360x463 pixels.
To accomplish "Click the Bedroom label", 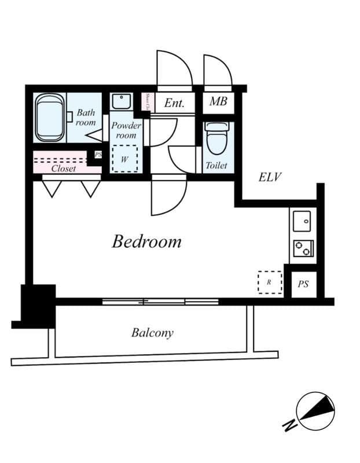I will [146, 241].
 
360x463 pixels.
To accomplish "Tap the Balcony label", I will [152, 333].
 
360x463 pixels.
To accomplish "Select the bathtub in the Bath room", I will [50, 118].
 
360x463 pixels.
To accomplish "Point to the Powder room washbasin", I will [122, 102].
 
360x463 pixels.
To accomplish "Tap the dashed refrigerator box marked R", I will [269, 282].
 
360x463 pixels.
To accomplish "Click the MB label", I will [218, 102].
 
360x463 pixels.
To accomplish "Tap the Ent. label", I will [174, 103].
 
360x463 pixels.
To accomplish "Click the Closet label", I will [63, 168].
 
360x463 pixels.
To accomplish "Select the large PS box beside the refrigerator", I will [303, 284].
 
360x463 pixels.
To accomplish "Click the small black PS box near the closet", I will [98, 155].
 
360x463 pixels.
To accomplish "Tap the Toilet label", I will [216, 166].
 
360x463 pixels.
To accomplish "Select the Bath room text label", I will [86, 117].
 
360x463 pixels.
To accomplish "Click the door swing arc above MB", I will [218, 70].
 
